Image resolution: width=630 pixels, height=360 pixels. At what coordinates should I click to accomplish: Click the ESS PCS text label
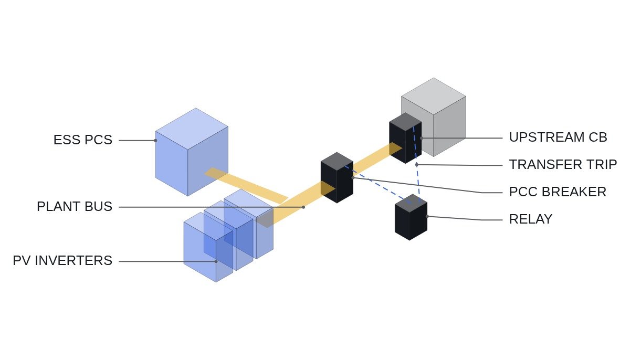pos(83,140)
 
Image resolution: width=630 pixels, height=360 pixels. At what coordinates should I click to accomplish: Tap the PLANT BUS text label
pos(75,206)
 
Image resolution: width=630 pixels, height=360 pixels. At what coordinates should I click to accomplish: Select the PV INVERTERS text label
pos(62,260)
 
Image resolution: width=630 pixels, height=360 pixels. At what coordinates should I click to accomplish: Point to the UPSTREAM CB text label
pos(558,137)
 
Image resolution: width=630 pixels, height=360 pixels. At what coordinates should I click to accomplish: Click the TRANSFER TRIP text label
pos(563,164)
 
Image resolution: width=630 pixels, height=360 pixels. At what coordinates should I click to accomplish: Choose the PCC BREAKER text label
pos(558,192)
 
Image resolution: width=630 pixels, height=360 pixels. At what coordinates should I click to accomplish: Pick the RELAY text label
pos(531,219)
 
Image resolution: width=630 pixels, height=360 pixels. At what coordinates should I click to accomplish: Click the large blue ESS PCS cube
pos(192,152)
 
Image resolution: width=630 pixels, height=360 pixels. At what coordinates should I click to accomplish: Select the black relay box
pos(411,217)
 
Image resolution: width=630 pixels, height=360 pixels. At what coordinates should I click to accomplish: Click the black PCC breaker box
pos(337,177)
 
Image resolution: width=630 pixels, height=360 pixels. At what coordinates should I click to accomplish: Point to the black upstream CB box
pos(405,138)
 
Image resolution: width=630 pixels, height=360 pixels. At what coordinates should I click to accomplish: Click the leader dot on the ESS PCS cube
pos(155,141)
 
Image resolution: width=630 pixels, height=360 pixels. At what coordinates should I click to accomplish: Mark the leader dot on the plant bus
pos(303,207)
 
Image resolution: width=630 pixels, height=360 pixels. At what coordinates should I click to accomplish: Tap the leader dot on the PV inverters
pos(216,261)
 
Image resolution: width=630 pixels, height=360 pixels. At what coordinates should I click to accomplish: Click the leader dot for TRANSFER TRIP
pos(417,165)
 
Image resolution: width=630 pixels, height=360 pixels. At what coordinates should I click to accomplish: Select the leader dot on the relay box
pos(427,216)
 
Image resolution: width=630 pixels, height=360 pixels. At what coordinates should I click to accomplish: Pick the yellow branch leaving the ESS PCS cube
pos(246,185)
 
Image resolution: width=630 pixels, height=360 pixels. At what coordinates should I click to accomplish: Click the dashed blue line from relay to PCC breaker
pos(377,184)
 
